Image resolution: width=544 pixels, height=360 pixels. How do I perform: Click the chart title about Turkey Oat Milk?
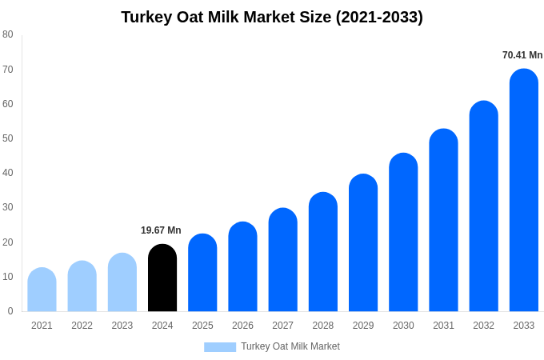tap(272, 17)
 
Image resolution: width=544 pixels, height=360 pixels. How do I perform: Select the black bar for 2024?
tap(162, 278)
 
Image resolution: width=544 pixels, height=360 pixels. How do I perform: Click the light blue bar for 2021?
tap(42, 290)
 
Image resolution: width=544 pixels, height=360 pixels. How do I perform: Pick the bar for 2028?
tap(322, 252)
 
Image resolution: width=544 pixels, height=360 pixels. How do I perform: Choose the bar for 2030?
tap(403, 233)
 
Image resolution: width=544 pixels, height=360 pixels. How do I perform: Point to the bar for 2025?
tap(202, 273)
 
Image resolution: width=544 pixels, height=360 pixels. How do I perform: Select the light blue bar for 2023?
tap(122, 282)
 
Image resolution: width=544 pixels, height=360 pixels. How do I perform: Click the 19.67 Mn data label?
tap(161, 230)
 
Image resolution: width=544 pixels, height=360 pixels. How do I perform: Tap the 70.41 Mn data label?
tap(522, 55)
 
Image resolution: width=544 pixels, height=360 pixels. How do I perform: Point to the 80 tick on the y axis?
tap(8, 34)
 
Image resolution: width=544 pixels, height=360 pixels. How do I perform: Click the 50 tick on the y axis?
tap(8, 138)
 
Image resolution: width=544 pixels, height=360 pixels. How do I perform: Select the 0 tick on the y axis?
tap(10, 311)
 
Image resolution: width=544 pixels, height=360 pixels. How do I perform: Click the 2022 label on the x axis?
tap(82, 326)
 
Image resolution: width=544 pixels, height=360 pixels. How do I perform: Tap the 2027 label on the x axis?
tap(282, 326)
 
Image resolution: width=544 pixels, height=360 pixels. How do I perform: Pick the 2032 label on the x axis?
tap(483, 326)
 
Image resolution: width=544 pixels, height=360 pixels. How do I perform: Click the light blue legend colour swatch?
tap(220, 347)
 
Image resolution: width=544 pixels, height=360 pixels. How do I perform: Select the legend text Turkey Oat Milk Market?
tap(290, 346)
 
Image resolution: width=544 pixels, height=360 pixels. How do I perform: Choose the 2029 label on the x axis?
tap(363, 326)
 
